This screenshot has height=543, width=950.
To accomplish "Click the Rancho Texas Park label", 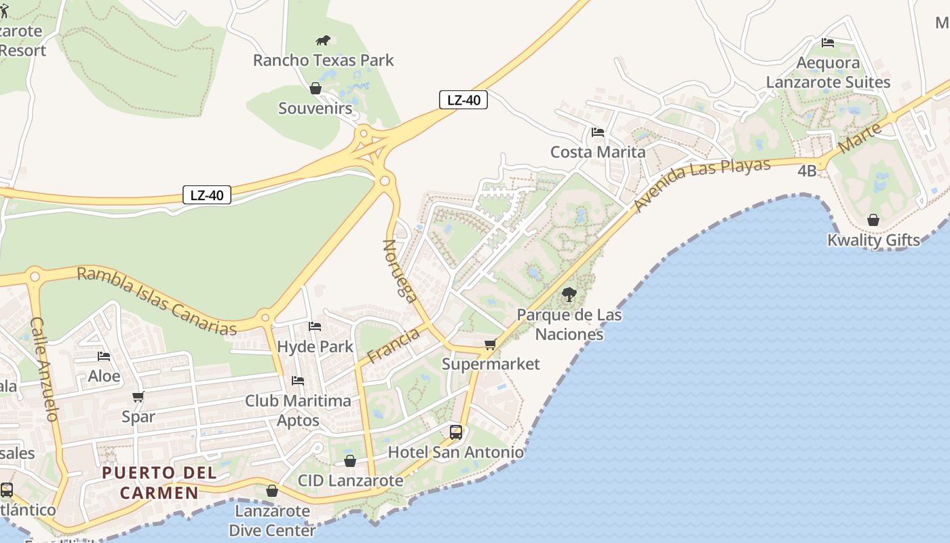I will [323, 60].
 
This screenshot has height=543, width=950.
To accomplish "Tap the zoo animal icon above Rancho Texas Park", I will [323, 41].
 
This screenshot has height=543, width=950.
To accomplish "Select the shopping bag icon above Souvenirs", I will [316, 88].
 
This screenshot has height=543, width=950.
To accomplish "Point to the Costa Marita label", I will [598, 151].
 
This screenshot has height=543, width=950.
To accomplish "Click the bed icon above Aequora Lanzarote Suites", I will [828, 43].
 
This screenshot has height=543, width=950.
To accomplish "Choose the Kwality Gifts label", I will [873, 240].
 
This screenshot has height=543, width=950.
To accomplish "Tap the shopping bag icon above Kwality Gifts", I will [873, 220].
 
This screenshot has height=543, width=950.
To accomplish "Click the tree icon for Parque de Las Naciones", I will [569, 295].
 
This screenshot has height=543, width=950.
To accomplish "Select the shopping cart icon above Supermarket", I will [491, 345].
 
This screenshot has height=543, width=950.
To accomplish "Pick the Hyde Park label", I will [315, 346].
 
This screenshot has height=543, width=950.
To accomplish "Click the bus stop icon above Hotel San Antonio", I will [456, 432].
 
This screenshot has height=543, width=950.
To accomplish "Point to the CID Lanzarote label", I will [350, 481].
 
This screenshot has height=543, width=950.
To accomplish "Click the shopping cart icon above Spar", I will [138, 397].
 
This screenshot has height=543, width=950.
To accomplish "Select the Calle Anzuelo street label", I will [45, 369].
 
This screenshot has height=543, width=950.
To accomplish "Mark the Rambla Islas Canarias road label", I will [157, 301].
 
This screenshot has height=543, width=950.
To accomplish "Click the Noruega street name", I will [400, 269].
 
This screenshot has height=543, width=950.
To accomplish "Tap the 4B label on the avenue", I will [807, 171].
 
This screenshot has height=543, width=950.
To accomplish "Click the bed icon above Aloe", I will [104, 356].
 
